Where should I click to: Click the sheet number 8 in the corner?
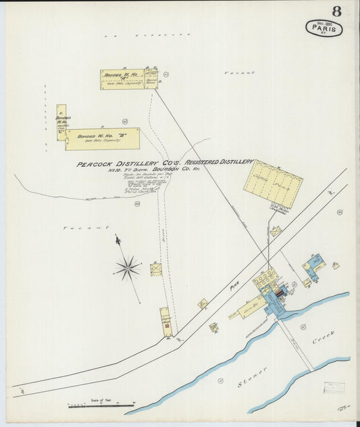tap(336, 11)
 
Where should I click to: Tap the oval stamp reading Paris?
tap(324, 28)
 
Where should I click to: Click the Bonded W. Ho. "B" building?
tap(103, 139)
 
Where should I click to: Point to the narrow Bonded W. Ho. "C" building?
tap(61, 122)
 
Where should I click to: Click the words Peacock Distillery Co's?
tap(118, 163)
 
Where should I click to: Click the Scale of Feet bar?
tap(101, 405)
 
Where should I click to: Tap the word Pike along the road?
tap(234, 286)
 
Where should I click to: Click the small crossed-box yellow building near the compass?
tap(156, 270)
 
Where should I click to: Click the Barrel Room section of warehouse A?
tap(152, 80)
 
